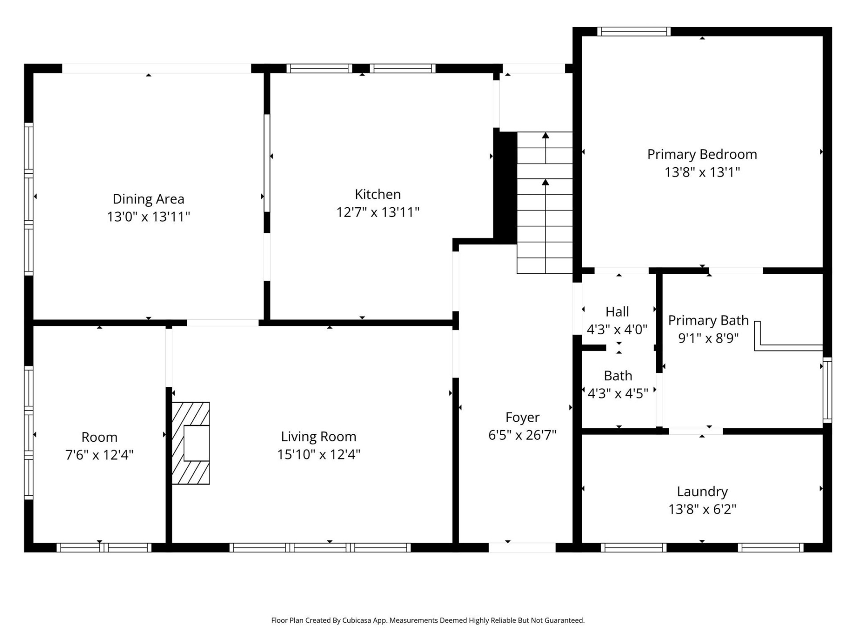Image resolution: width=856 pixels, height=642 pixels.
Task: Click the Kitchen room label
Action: (x=378, y=194)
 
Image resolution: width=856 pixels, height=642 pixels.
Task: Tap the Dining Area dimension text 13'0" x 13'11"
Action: (x=148, y=217)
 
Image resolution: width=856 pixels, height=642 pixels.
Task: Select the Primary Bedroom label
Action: (x=702, y=154)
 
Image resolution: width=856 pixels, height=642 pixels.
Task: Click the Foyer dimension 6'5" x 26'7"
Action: (x=522, y=435)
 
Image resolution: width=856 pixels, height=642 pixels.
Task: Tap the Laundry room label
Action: (x=702, y=491)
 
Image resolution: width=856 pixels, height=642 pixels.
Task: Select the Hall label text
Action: (x=617, y=312)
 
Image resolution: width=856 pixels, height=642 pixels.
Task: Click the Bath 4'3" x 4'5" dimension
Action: (x=617, y=393)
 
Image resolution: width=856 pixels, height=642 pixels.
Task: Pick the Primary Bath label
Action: (x=708, y=321)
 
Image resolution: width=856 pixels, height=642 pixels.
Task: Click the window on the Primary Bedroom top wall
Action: (x=634, y=31)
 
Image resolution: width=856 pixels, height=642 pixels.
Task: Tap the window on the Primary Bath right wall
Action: (x=827, y=390)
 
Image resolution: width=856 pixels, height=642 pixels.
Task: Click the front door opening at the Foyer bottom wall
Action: (x=522, y=547)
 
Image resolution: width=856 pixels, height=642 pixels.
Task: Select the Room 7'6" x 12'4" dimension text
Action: (x=99, y=455)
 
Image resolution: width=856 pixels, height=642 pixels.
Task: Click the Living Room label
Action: (x=318, y=436)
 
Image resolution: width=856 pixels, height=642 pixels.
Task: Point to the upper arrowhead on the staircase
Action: (x=545, y=136)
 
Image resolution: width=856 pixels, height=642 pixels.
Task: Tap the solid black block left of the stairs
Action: (x=505, y=187)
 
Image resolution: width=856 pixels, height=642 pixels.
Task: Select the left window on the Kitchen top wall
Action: (x=319, y=68)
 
